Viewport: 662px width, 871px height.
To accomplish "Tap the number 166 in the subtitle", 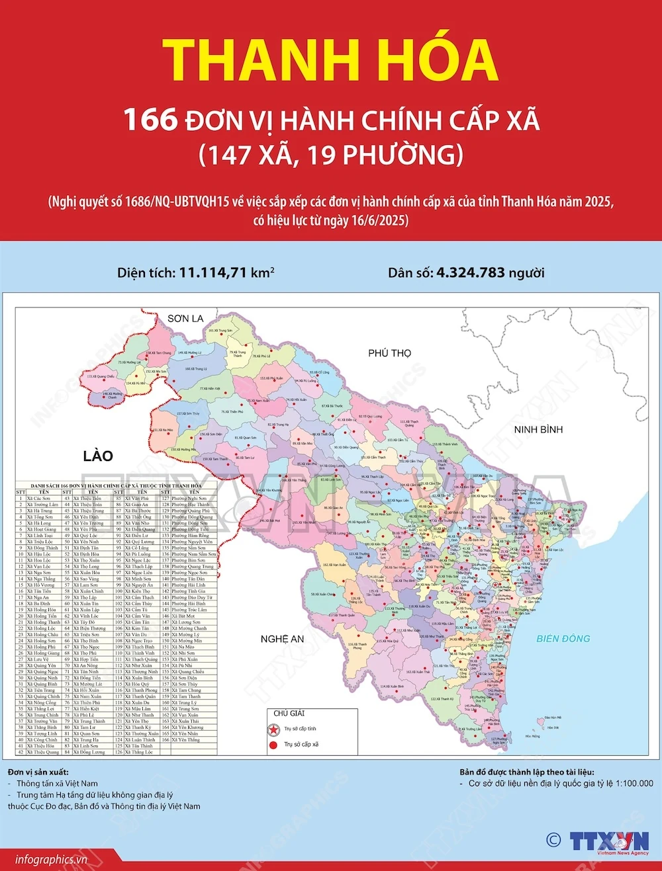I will (x=150, y=120).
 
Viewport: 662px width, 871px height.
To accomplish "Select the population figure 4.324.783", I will (x=470, y=272).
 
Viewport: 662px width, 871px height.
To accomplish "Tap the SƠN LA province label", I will (x=185, y=319).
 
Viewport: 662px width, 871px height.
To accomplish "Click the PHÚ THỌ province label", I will (x=389, y=353).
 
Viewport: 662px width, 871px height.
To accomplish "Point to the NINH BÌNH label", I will (x=538, y=429).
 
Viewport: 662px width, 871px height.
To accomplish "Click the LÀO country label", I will (x=98, y=456).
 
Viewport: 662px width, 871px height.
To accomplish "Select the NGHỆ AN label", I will (x=282, y=639).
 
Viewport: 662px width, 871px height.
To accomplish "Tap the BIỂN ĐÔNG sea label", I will (x=563, y=638).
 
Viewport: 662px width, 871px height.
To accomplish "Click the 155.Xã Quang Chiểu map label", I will (x=101, y=376).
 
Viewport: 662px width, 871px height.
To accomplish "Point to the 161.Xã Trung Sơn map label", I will (x=220, y=330).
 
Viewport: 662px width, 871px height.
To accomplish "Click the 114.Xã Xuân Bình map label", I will (x=392, y=686).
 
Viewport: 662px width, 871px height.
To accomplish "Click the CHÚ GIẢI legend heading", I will (x=289, y=713).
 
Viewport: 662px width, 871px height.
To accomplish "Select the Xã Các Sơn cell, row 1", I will (x=39, y=499).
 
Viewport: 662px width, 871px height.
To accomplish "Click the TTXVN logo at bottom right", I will (x=609, y=841).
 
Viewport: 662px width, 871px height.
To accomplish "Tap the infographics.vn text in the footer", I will (x=51, y=860).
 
